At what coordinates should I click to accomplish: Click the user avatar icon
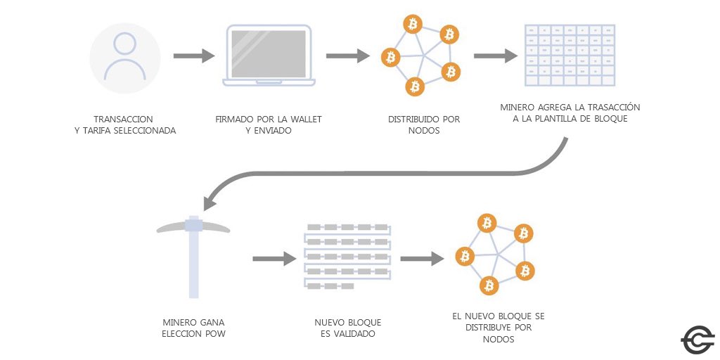125,58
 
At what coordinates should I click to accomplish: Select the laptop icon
268,56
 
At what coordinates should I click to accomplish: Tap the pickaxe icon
193,253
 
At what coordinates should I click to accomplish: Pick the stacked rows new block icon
347,257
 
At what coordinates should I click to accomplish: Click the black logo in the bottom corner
697,340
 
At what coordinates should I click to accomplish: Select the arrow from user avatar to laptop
193,56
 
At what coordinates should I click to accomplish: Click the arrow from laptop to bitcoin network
347,56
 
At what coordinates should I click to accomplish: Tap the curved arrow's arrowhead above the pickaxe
210,202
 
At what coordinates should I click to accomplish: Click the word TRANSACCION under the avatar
123,120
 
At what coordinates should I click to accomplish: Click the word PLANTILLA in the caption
555,119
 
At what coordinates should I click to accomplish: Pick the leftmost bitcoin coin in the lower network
464,257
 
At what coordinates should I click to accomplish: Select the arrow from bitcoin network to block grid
496,56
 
